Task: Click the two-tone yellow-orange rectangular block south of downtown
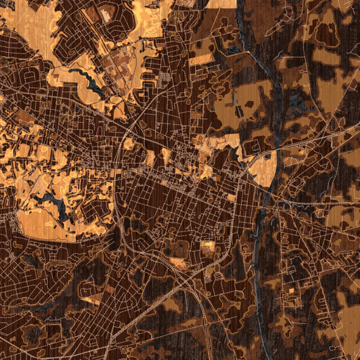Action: click(x=208, y=247)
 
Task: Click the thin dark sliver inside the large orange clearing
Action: click(x=239, y=111)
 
